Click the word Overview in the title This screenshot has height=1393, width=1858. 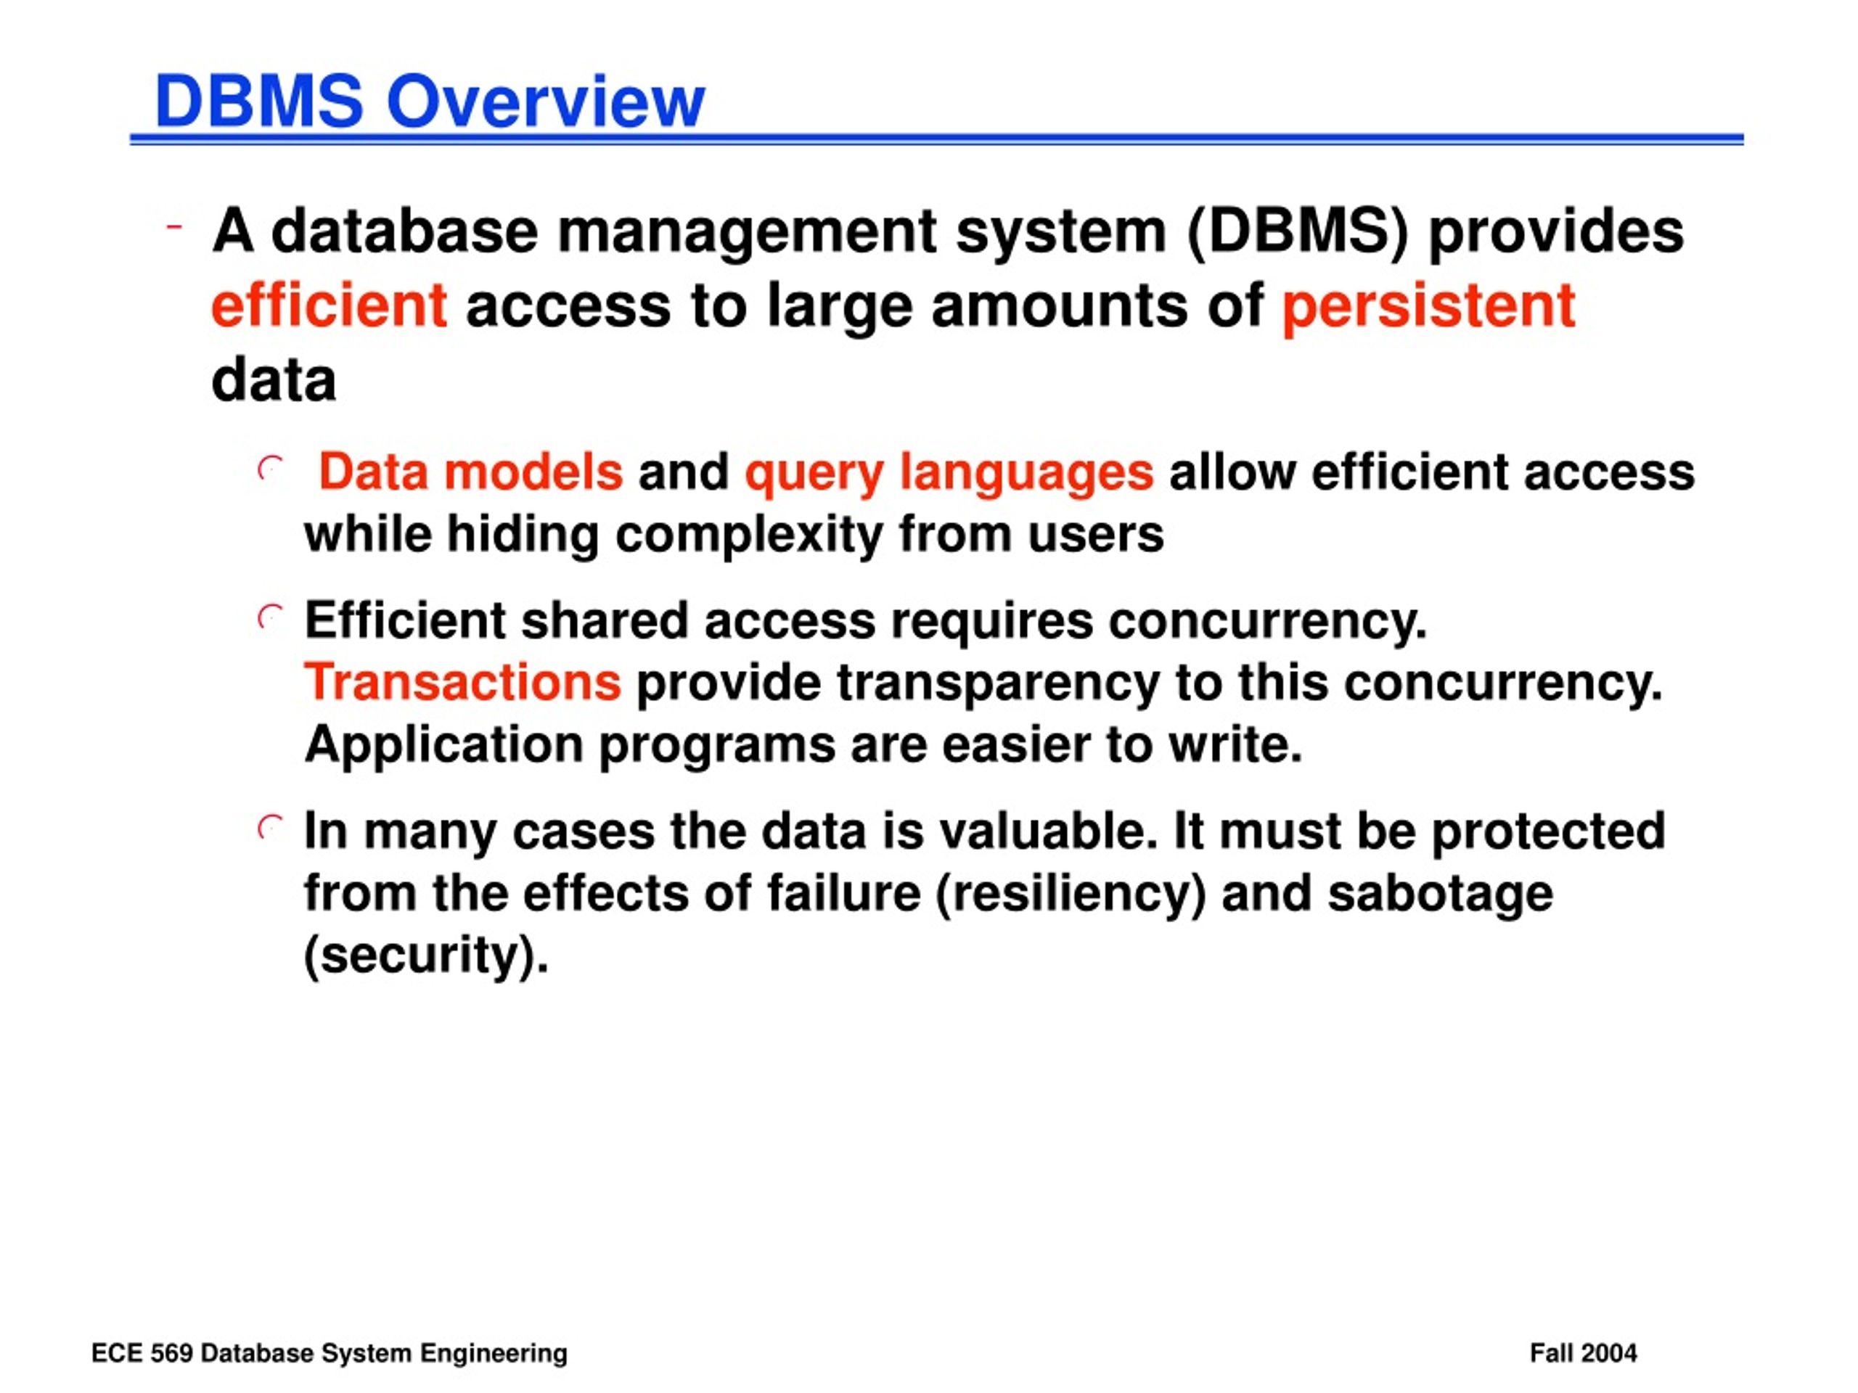click(x=545, y=102)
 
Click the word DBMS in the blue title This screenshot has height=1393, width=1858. click(x=260, y=102)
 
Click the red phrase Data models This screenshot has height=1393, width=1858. click(x=471, y=472)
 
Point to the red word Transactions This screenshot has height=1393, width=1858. click(x=463, y=682)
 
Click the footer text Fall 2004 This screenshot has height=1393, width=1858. click(x=1584, y=1355)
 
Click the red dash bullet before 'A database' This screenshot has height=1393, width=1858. click(x=175, y=226)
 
